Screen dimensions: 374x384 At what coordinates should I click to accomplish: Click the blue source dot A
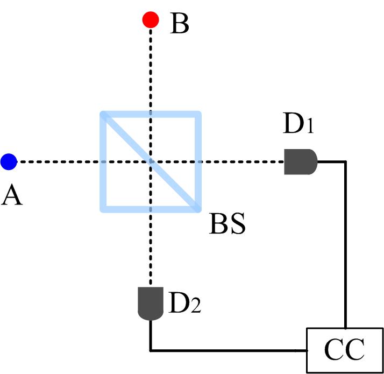coord(9,161)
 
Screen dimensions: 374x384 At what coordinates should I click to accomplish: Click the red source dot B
coord(151,20)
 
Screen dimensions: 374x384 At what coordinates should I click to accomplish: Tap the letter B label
coord(180,24)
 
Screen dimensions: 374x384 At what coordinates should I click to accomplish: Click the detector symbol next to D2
coord(151,304)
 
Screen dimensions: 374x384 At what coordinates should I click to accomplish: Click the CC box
coord(345,350)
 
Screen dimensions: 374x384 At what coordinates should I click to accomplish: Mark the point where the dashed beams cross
coord(151,161)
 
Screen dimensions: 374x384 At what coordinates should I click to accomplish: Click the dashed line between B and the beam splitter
coord(151,70)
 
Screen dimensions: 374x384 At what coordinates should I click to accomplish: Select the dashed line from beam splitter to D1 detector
coord(242,161)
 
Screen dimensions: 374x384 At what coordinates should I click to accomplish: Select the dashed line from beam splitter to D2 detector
coord(151,248)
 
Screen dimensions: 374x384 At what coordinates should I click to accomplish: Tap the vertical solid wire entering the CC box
coord(345,242)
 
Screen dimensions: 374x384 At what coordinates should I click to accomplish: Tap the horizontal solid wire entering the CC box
coord(226,350)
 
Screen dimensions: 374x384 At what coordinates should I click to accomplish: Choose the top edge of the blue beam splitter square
coord(151,114)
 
